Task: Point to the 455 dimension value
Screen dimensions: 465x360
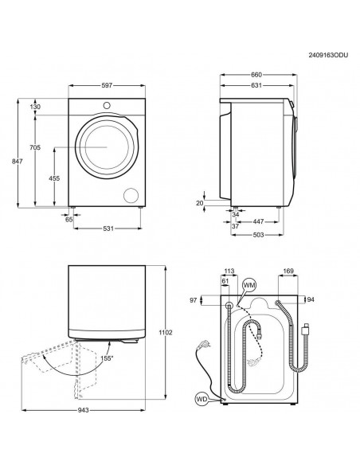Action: (54, 178)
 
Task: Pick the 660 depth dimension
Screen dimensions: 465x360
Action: (256, 75)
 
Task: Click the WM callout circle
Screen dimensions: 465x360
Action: (249, 284)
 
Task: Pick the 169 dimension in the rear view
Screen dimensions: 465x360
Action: (288, 270)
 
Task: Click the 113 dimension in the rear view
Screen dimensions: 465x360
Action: (230, 270)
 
